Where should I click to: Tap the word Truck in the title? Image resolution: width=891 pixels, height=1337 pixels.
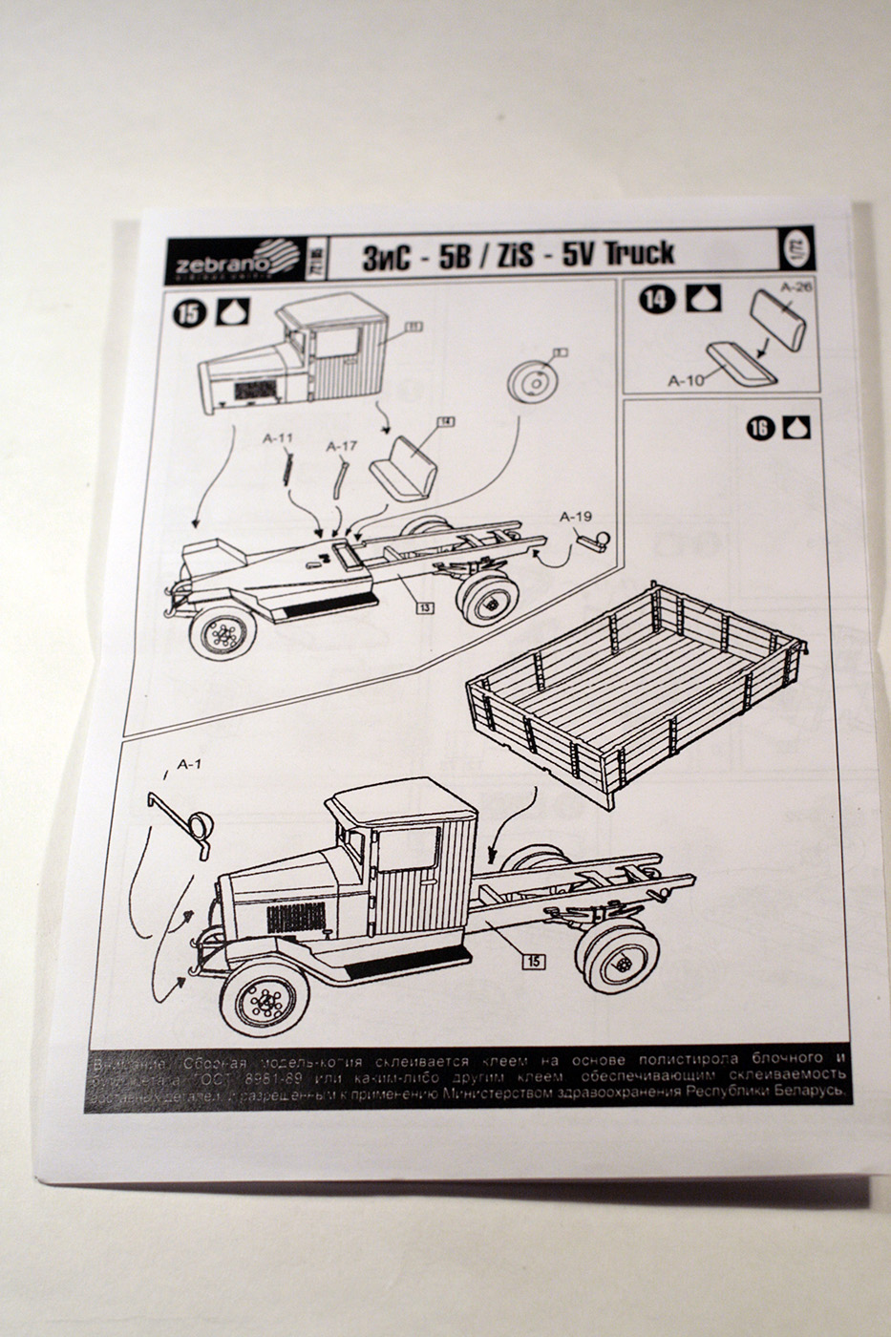[639, 252]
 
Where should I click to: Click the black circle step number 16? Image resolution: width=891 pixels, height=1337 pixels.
[759, 429]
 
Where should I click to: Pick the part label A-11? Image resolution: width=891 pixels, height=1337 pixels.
[278, 440]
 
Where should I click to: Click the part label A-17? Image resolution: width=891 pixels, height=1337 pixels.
[341, 446]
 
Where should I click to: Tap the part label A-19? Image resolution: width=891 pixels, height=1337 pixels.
[578, 517]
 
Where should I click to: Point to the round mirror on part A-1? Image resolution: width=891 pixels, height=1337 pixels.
[201, 826]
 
